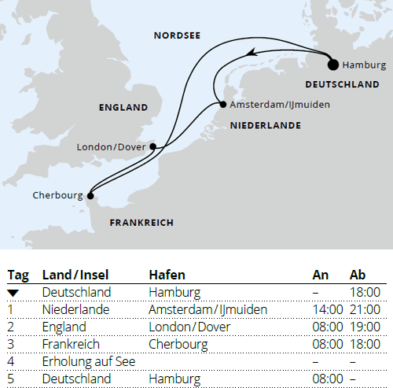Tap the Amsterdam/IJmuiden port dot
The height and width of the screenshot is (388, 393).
pos(221,105)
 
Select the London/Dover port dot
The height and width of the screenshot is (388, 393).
pos(154,146)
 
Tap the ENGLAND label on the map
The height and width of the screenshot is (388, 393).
pos(123,107)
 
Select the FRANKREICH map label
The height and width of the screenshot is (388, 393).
pos(141,223)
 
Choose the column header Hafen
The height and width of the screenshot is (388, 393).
pos(167,275)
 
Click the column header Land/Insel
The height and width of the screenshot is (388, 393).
pos(75,275)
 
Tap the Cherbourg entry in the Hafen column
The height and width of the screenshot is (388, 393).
pos(178,344)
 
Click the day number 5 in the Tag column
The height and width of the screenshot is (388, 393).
pos(11,379)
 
